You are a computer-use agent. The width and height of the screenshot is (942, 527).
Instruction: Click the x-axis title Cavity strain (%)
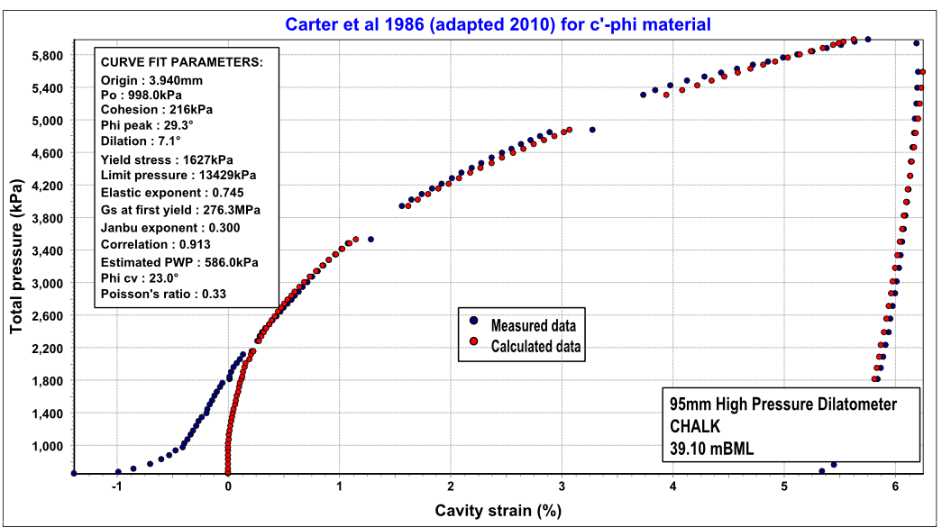pos(498,511)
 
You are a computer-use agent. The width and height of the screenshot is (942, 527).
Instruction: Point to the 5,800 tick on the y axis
pos(44,56)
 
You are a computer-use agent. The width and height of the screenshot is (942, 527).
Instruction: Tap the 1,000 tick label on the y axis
pos(44,446)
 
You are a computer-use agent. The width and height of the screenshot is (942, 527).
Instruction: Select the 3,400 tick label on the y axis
pos(44,251)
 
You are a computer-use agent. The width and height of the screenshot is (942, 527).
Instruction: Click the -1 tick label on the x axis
pos(116,486)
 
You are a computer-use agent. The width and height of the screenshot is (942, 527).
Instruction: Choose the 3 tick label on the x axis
pos(562,486)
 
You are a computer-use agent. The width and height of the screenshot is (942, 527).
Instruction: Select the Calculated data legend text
pos(535,346)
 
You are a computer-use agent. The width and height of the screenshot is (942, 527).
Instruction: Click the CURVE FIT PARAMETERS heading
pos(181,63)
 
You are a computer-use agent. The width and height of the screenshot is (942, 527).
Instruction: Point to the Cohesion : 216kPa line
pos(157,110)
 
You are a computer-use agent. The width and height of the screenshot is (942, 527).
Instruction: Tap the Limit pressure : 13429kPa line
pos(178,175)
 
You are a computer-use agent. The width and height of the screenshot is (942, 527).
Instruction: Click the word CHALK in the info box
pos(691,425)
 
